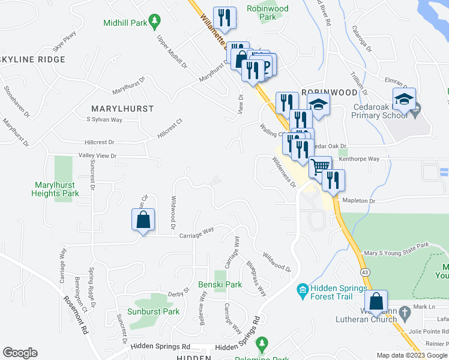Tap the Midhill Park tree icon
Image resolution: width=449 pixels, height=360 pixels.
coord(155,22)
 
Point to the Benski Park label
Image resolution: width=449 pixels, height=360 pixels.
coord(220,284)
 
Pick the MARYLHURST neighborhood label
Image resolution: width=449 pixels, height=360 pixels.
coord(122,109)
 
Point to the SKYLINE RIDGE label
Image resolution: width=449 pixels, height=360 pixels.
coord(32,60)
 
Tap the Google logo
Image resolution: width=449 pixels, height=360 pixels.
coord(20,353)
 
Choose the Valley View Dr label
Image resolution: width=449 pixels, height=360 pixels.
coord(97,156)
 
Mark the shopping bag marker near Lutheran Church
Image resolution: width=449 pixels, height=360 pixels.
coord(376,303)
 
